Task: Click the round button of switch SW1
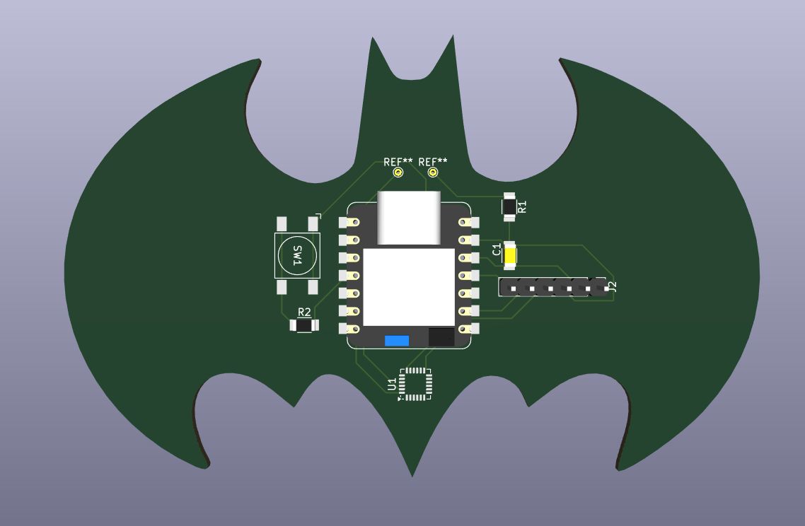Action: tap(296, 255)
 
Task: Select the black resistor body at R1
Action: tap(509, 207)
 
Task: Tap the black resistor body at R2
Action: tap(304, 325)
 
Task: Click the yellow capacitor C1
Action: tap(510, 255)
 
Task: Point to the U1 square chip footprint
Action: tap(415, 383)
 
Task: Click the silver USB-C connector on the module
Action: tap(409, 218)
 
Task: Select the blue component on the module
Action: tap(397, 341)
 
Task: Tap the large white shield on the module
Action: tap(409, 287)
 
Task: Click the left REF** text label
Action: tap(398, 162)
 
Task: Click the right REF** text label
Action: tap(433, 162)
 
